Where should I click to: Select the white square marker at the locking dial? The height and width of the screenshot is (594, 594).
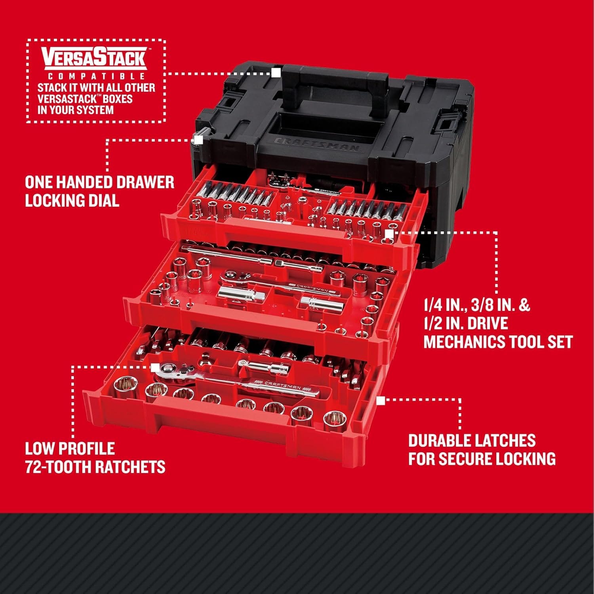point(199,140)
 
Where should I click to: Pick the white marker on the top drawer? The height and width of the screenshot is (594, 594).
point(389,234)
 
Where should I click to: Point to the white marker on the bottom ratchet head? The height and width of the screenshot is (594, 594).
point(155,367)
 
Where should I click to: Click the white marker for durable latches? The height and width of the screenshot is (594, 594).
point(381,401)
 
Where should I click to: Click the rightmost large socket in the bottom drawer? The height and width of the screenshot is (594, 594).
point(334,421)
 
